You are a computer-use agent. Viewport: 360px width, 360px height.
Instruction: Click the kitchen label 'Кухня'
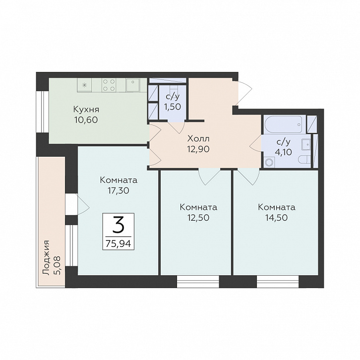(x=86, y=110)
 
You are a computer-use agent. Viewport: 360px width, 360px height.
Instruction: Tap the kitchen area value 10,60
(x=86, y=120)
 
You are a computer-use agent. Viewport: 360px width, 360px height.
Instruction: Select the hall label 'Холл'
(x=198, y=139)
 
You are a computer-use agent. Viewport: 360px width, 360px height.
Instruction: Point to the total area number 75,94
(x=118, y=243)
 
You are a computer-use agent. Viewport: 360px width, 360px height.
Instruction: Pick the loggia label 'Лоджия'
(x=46, y=258)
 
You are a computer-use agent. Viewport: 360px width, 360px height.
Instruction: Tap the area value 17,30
(x=119, y=190)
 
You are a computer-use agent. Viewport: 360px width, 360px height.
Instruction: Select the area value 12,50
(x=198, y=217)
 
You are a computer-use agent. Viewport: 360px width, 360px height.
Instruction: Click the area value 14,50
(x=276, y=217)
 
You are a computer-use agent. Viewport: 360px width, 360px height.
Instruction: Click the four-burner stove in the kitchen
(x=109, y=85)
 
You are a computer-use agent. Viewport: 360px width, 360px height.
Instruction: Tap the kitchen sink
(x=133, y=85)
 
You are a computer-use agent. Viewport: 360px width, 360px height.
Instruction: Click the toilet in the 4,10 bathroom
(x=304, y=160)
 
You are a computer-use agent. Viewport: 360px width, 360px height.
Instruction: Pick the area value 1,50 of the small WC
(x=173, y=107)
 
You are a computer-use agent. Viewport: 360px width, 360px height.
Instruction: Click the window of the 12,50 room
(x=198, y=282)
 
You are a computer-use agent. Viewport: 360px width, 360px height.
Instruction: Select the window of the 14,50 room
(x=278, y=282)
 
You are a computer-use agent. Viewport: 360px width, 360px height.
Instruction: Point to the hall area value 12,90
(x=198, y=149)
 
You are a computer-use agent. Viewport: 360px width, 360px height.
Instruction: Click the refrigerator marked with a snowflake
(x=84, y=85)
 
